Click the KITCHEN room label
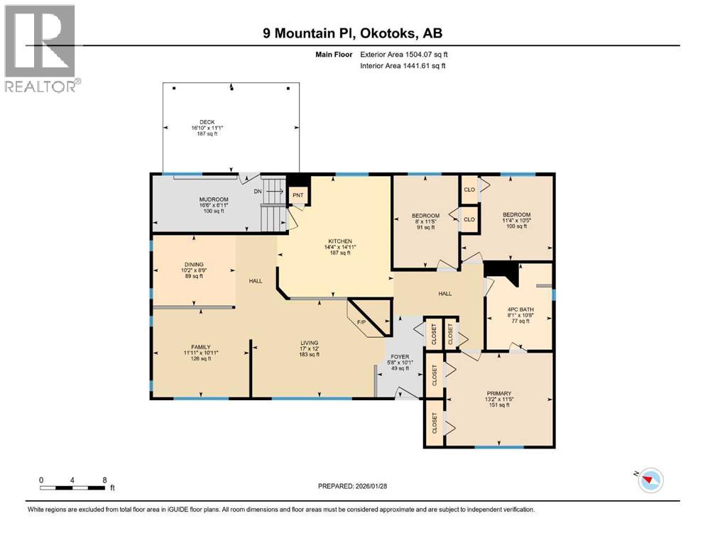(x=335, y=241)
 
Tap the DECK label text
(x=207, y=121)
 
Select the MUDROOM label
(x=214, y=199)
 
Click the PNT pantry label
(x=298, y=194)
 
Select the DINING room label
(x=194, y=264)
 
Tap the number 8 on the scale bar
(x=104, y=480)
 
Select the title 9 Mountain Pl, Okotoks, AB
(x=351, y=33)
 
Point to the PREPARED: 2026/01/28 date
(x=352, y=486)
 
